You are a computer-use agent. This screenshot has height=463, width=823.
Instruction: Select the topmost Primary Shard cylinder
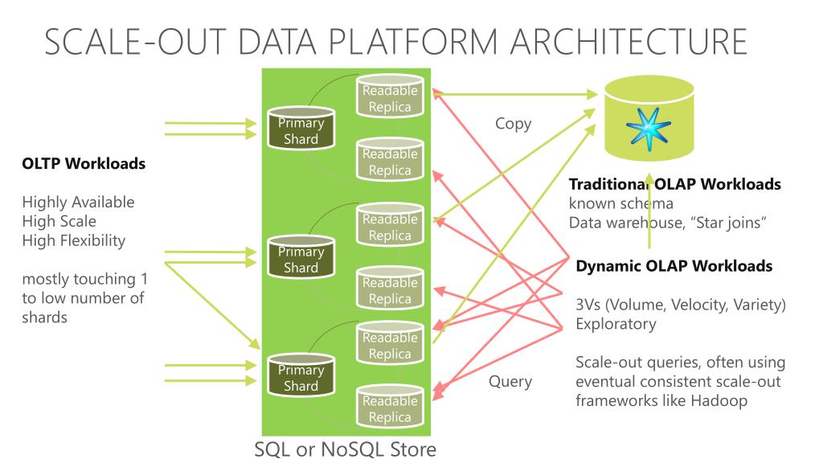(301, 129)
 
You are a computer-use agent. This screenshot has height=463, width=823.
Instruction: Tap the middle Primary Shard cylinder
(301, 257)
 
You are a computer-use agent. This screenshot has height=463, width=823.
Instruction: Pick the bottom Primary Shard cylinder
(301, 376)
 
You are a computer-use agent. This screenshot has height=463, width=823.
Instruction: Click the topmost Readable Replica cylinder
(390, 98)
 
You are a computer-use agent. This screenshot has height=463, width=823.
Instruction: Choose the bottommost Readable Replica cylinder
(390, 408)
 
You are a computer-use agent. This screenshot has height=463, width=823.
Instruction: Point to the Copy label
(513, 125)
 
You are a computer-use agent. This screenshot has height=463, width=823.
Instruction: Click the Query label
(510, 381)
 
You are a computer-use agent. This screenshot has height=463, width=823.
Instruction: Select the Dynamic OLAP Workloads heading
(674, 266)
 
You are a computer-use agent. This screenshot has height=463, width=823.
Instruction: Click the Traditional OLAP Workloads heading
(674, 184)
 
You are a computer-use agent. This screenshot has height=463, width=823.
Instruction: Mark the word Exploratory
(616, 324)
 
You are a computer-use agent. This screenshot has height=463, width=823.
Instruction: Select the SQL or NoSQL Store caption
(346, 449)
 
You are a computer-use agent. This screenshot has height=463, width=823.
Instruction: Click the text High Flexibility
(74, 240)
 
